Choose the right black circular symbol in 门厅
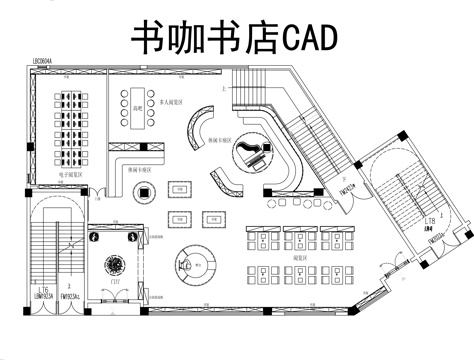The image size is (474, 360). click(x=134, y=238)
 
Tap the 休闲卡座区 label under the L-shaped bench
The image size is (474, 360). click(x=139, y=170)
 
